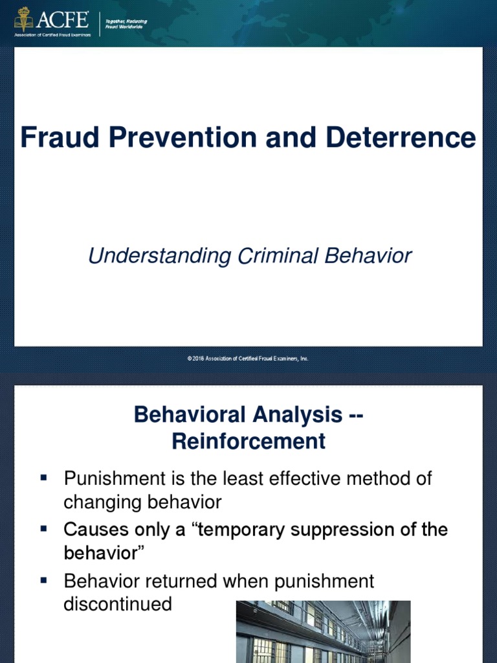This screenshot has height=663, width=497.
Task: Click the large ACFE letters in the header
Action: (x=63, y=19)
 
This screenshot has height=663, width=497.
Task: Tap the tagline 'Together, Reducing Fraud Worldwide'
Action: (x=126, y=24)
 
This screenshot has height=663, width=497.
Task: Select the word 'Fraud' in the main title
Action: (x=60, y=137)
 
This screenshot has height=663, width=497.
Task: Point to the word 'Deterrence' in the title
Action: (x=401, y=137)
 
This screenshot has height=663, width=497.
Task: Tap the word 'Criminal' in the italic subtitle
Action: (x=277, y=256)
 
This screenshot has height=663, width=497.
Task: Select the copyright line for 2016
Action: (x=248, y=359)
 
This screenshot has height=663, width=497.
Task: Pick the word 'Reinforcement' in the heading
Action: (x=248, y=441)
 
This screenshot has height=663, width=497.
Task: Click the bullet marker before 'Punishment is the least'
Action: (x=43, y=478)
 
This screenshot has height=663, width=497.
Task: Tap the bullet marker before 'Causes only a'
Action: (x=43, y=528)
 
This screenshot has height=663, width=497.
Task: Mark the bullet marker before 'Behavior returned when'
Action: (x=43, y=580)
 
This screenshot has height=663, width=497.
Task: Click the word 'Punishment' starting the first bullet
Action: (x=115, y=478)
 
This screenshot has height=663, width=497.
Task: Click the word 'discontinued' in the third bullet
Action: (x=118, y=604)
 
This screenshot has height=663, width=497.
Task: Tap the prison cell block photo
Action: (x=324, y=632)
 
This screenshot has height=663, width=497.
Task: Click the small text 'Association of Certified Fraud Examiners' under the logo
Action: (x=52, y=35)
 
